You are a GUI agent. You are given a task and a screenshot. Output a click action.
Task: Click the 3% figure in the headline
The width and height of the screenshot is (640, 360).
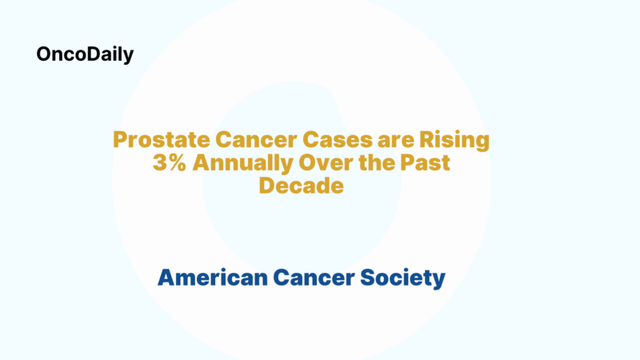click(168, 163)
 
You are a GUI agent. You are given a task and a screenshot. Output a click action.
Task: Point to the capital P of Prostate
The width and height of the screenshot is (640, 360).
click(119, 140)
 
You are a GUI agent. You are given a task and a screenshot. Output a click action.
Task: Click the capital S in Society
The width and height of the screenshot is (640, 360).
click(366, 278)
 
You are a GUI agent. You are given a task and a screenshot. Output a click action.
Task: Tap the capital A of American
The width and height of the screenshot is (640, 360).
click(166, 278)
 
